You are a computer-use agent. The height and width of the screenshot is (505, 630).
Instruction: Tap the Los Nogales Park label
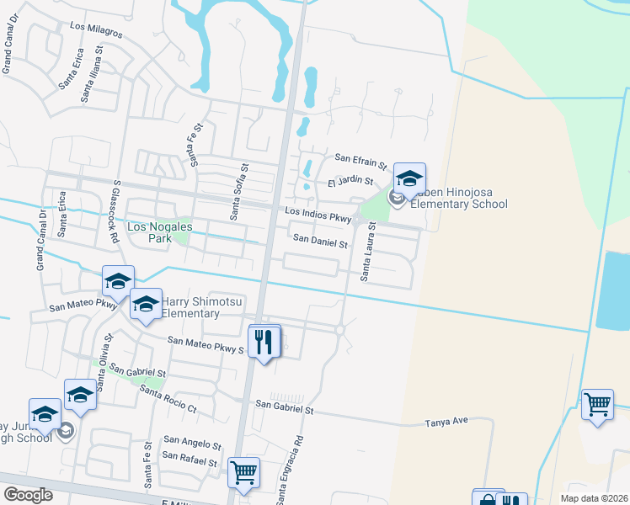tap(159, 233)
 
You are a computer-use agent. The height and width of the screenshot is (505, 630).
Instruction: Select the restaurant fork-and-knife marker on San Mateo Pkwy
tap(265, 342)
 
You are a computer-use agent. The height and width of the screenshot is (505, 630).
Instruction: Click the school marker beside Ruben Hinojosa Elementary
tap(409, 181)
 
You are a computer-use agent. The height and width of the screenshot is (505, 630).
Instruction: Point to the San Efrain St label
tap(360, 158)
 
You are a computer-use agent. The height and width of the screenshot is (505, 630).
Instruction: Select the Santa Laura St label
tap(368, 252)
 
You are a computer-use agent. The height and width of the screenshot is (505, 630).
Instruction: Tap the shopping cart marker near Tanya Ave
tap(597, 405)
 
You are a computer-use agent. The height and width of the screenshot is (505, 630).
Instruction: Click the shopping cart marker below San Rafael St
tap(243, 473)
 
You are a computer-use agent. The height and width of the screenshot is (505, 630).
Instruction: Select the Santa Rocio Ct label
tap(168, 400)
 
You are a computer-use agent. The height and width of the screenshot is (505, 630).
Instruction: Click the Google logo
tap(27, 495)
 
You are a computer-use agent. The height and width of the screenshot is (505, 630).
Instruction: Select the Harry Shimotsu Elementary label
tap(190, 307)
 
